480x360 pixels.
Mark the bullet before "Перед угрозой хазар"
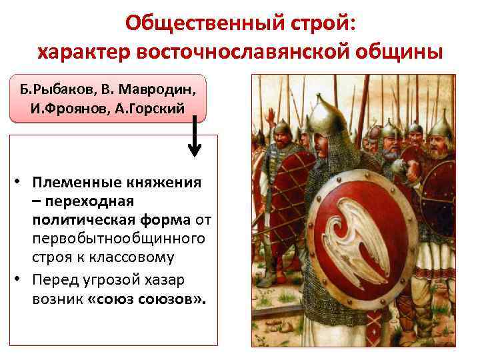[x=21, y=281]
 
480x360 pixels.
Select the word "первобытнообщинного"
[x=119, y=239]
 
